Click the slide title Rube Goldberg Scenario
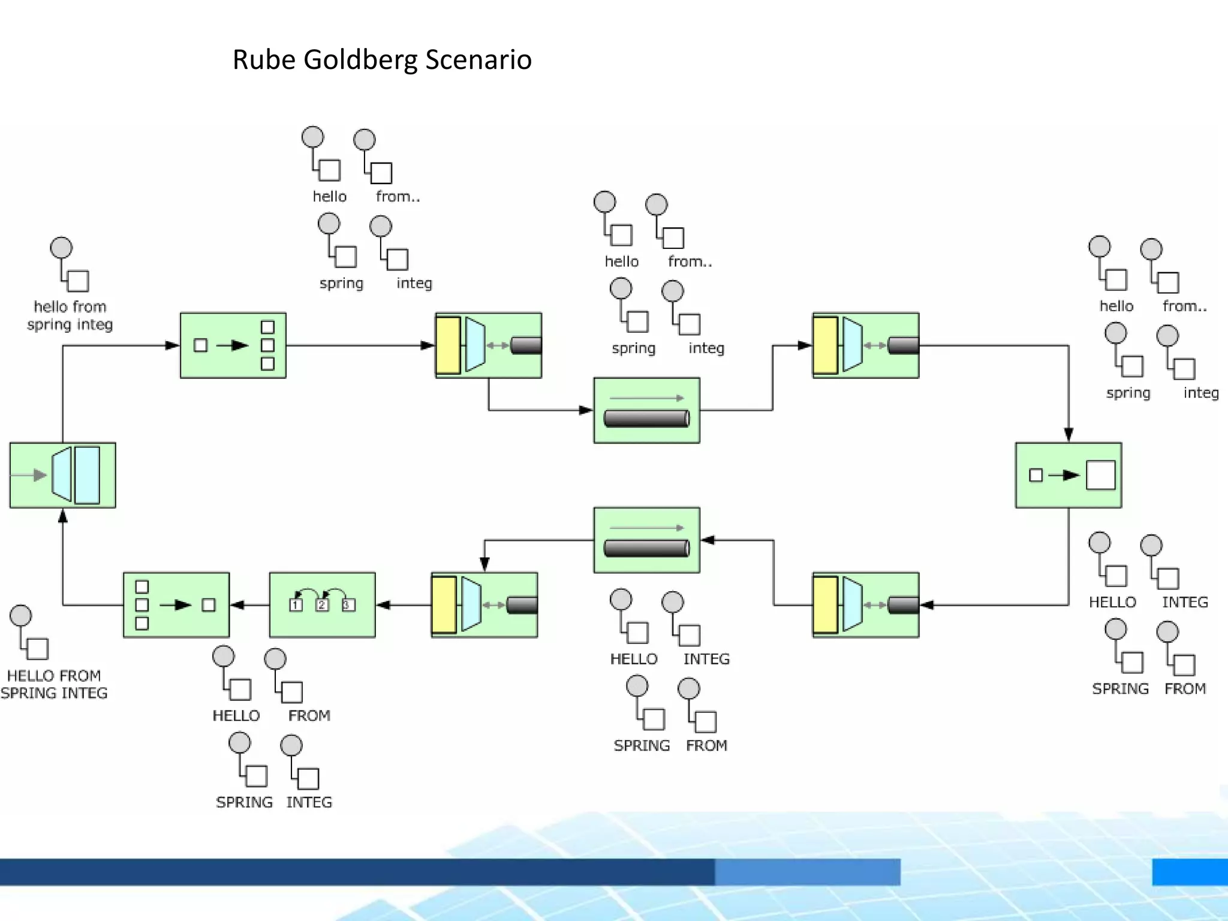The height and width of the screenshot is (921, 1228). (382, 60)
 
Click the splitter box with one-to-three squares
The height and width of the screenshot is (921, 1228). (233, 345)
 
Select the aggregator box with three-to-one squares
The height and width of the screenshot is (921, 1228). (176, 604)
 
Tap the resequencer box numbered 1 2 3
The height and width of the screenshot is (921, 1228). (323, 604)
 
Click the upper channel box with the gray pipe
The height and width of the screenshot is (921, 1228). (646, 411)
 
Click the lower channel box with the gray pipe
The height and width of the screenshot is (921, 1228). (646, 540)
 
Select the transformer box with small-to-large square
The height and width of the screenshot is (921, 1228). (1068, 475)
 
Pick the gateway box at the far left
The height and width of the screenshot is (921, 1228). (62, 475)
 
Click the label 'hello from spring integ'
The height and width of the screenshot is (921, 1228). (70, 315)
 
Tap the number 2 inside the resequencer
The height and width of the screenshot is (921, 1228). (322, 605)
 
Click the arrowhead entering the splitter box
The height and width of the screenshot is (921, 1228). (172, 345)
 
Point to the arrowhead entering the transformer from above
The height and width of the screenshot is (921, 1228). (1068, 435)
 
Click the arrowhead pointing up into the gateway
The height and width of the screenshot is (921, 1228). (62, 516)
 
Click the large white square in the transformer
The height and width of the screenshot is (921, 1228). (1101, 475)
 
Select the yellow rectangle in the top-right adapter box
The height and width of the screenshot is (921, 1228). (826, 345)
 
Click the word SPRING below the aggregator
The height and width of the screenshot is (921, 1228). (244, 802)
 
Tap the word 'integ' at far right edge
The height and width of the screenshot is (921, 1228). (1201, 393)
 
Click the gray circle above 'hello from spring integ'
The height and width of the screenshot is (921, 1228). (61, 248)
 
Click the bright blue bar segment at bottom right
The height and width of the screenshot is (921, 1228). (1190, 872)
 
